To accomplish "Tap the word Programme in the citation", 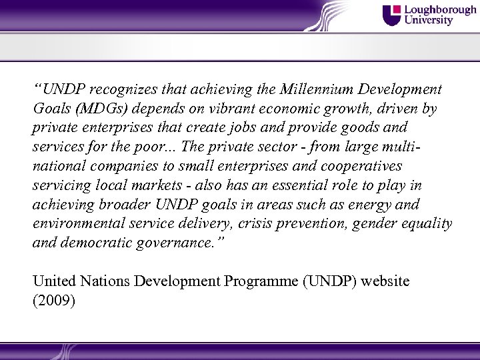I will coord(263,281).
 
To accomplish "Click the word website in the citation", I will coord(386,281).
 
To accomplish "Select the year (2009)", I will coord(54,301).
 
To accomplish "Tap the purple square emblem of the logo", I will coord(392,15).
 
